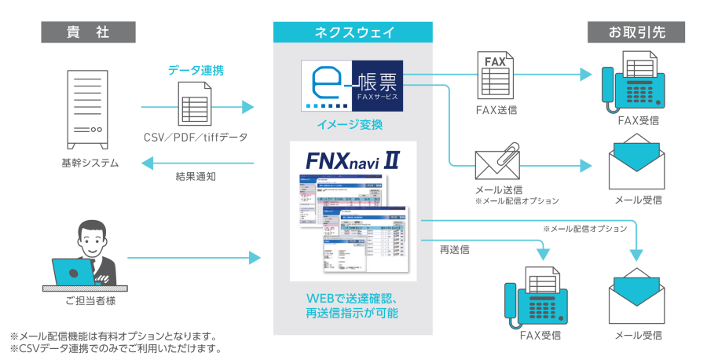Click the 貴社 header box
88,33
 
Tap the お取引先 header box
636,33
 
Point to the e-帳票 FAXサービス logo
352,85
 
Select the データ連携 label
196,70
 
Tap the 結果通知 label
196,176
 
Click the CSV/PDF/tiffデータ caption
196,138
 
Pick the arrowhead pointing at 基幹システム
145,163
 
